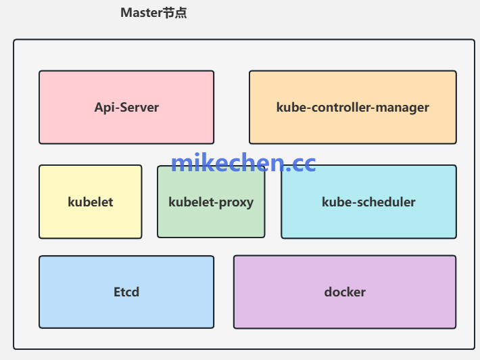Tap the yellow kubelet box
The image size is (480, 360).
pos(90,220)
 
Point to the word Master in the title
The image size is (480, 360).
pos(141,13)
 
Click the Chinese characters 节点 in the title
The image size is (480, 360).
pos(174,13)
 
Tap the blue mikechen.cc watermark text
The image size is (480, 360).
pos(243,162)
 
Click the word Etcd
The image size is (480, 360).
pos(126,292)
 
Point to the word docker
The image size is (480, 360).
pos(345,292)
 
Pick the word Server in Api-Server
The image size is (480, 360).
pos(139,108)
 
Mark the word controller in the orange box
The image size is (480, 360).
pos(339,107)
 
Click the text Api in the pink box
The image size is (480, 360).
pos(104,108)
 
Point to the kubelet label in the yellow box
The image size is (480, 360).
pos(91,202)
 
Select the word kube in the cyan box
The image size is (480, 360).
pos(335,202)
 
